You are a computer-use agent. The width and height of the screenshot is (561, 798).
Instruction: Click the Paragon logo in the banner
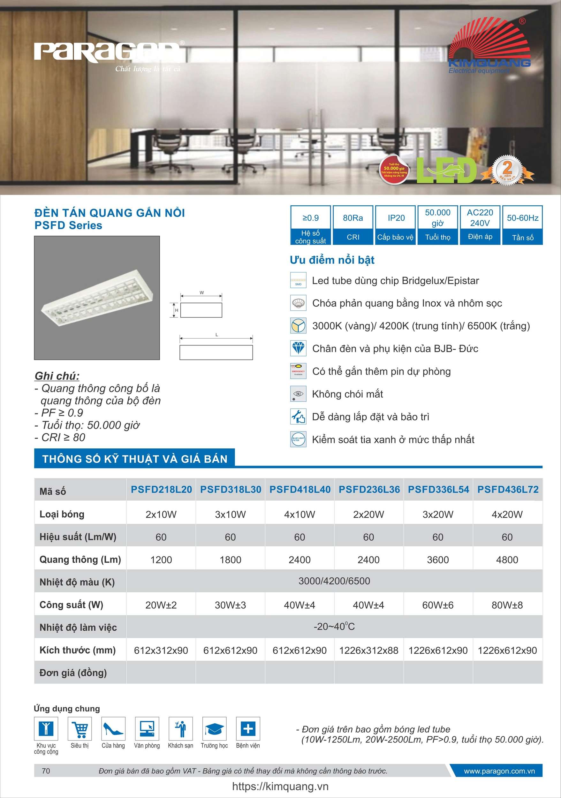(x=108, y=52)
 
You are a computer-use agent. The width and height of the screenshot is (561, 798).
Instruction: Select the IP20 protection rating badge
(x=396, y=225)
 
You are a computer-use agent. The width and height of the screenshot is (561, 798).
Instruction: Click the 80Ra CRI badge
(x=353, y=225)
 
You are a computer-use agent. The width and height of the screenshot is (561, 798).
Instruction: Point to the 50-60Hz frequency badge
(x=522, y=225)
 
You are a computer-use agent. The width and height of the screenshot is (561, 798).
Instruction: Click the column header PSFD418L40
(x=299, y=489)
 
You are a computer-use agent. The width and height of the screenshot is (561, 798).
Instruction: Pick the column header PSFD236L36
(x=369, y=489)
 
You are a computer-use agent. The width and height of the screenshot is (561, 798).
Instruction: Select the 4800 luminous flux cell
(x=507, y=559)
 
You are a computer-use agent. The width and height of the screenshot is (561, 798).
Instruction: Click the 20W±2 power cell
(x=161, y=605)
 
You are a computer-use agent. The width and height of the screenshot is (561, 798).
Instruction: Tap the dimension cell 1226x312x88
(x=369, y=650)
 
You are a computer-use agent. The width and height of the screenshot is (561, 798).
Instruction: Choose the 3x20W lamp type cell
(x=438, y=514)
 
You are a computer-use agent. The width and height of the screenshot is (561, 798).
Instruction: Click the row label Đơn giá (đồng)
(x=73, y=673)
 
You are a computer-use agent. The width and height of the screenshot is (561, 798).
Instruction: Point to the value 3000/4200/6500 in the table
(x=334, y=581)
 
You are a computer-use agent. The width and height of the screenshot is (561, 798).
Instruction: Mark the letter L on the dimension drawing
(x=216, y=335)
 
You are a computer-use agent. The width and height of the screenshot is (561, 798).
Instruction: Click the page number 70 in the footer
(x=46, y=771)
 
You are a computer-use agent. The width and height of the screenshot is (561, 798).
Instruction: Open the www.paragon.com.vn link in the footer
(x=499, y=771)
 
